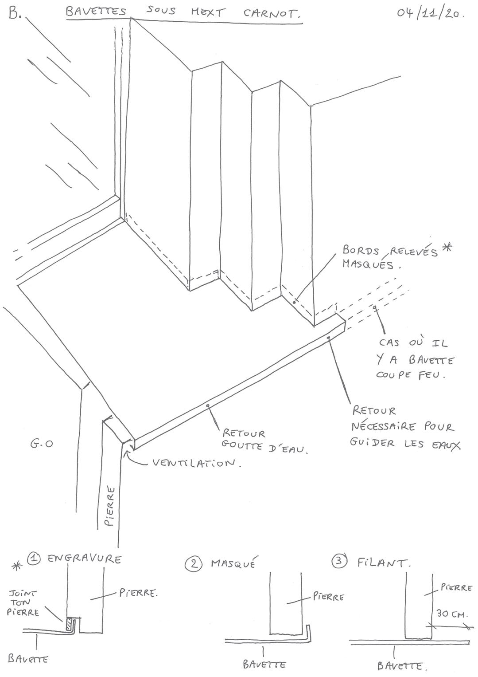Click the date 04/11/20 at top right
[430, 13]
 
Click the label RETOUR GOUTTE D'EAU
[264, 441]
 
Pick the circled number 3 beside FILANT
[339, 562]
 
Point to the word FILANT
[384, 563]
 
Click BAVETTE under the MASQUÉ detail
[264, 664]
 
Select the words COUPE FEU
[410, 374]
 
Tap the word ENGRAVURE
[84, 559]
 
